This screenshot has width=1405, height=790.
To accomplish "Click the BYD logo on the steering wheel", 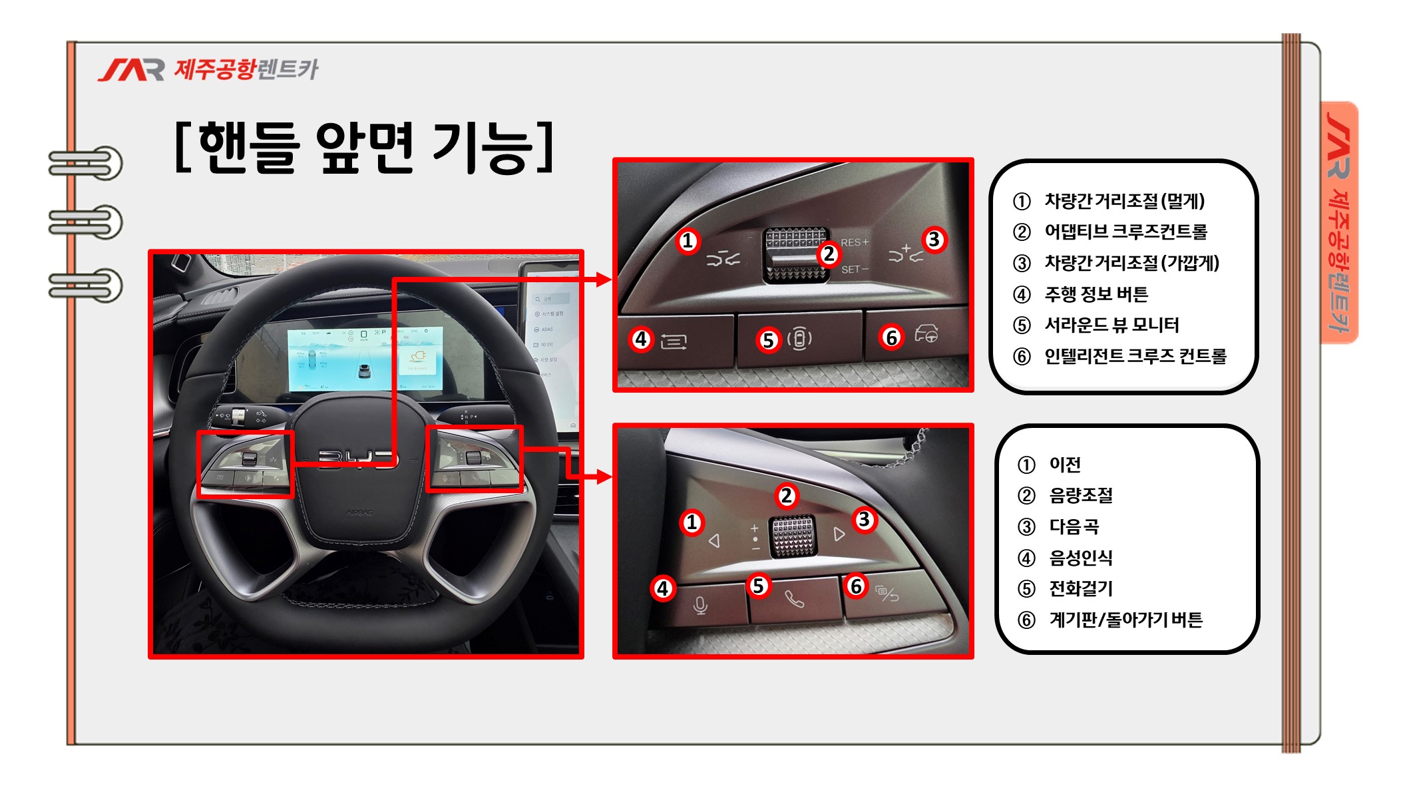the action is coord(358,459).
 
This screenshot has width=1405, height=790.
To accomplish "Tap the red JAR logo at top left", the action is coord(131,70).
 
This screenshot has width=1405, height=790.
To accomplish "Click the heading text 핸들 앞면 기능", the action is coord(365,147).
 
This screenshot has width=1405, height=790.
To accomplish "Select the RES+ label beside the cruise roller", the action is coord(855,243).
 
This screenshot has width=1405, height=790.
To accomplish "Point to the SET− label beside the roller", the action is coord(855,270).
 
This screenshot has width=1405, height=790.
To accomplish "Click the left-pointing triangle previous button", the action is coord(715,540).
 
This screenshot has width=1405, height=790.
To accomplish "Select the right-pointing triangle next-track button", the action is coord(839,534).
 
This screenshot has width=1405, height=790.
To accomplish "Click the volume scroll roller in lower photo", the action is coord(793,536).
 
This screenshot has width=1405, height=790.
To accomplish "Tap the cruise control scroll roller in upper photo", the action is coord(796,255).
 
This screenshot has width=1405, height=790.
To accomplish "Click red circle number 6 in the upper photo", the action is coord(891,337).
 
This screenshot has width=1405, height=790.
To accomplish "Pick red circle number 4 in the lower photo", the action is coord(662,588).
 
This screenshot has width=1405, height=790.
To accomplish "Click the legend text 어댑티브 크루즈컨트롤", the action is coord(1125,232).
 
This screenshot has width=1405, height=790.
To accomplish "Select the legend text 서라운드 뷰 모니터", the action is coord(1111,325).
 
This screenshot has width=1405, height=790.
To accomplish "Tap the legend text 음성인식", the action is coord(1081,558).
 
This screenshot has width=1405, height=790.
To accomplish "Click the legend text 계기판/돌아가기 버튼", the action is coord(1125,620).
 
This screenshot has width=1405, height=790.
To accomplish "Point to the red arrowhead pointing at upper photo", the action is coord(604,280).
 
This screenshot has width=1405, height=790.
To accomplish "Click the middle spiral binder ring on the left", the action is coord(86,222).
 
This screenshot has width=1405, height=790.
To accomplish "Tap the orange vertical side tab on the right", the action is coord(1339,223).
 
